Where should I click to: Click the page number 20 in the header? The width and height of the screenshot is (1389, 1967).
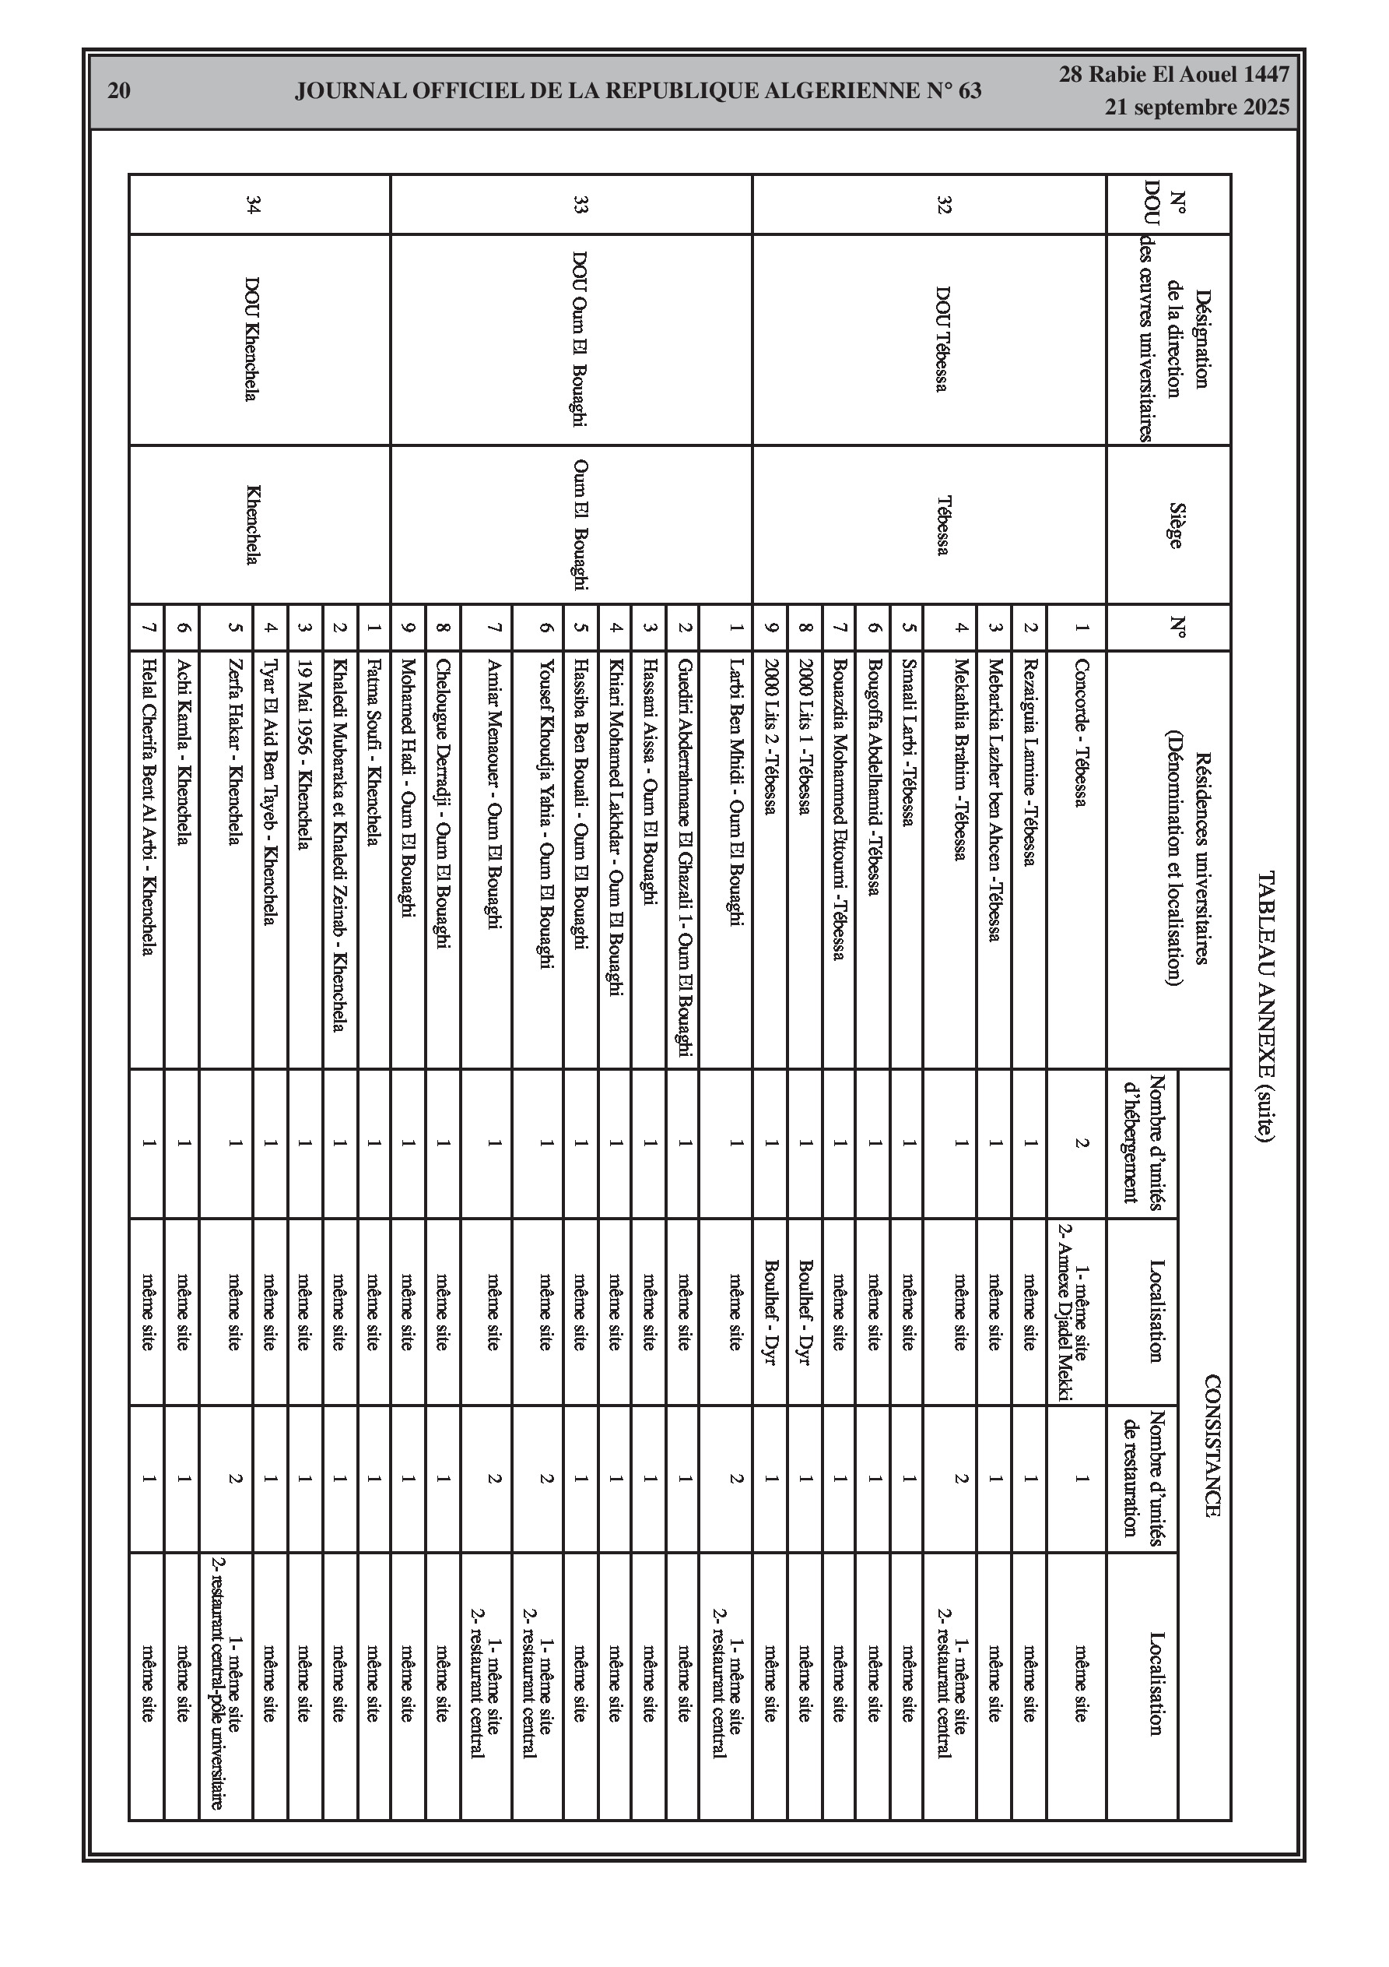coord(119,91)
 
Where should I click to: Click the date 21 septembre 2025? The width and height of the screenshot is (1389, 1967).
coord(1196,108)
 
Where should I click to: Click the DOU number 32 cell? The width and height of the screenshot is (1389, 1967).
coord(945,205)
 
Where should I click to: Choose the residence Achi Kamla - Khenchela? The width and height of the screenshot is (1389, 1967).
coord(181,751)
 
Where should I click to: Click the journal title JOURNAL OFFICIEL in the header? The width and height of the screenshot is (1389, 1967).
coord(638,91)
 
